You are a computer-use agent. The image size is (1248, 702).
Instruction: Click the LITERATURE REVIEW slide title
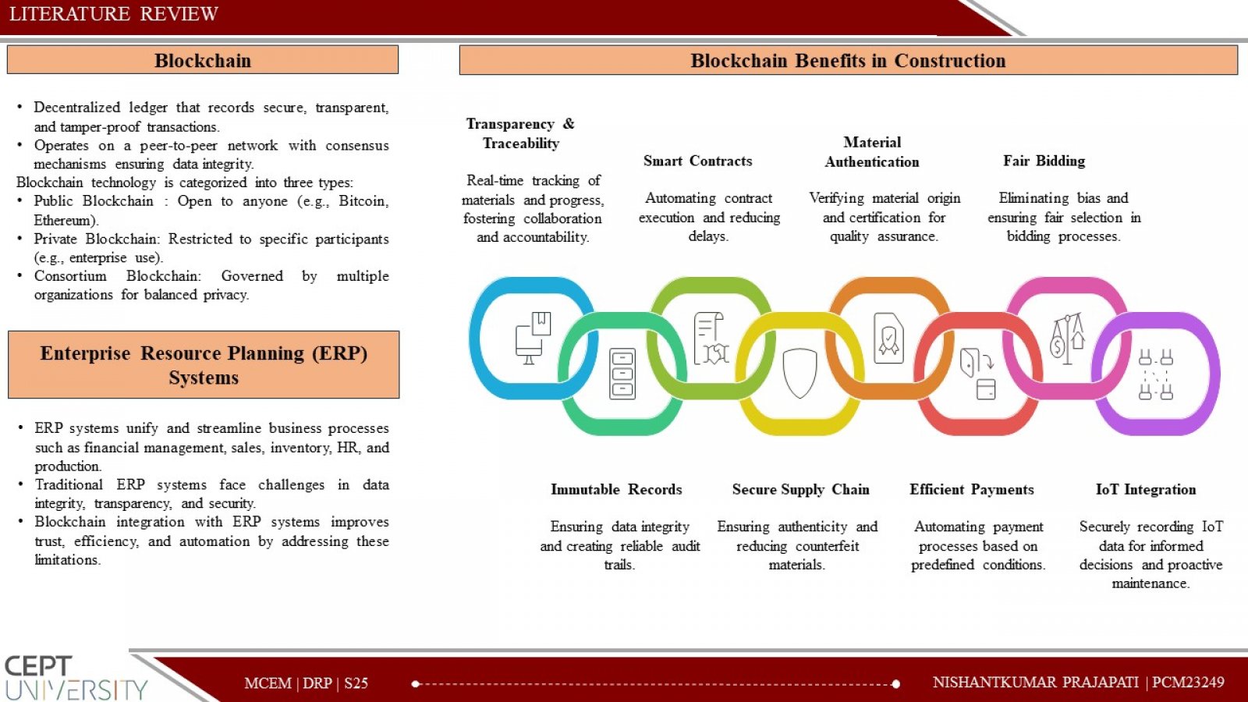tap(114, 14)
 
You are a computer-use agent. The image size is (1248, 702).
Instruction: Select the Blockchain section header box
tap(203, 59)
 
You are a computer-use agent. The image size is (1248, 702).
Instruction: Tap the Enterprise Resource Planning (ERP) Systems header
tap(204, 365)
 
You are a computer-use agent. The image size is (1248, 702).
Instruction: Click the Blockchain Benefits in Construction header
tap(848, 60)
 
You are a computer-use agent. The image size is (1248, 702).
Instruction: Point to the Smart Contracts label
tap(697, 161)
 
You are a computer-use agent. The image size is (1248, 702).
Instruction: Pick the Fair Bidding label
tap(1044, 161)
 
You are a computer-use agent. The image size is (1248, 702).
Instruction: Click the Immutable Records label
tap(616, 489)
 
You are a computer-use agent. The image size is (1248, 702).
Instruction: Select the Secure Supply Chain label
tap(800, 489)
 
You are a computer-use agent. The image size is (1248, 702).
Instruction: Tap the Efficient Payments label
tap(972, 489)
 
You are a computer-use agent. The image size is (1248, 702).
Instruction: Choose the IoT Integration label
tap(1146, 489)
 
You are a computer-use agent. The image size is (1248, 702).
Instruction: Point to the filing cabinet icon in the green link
tap(622, 374)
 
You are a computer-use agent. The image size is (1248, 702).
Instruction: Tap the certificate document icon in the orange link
tap(888, 338)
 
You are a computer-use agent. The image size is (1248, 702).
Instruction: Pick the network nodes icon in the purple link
tap(1155, 374)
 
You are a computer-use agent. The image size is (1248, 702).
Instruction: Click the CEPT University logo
tap(76, 678)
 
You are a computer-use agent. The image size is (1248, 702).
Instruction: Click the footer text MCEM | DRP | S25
tap(306, 683)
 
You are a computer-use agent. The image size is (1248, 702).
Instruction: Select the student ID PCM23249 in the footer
tap(1188, 682)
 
